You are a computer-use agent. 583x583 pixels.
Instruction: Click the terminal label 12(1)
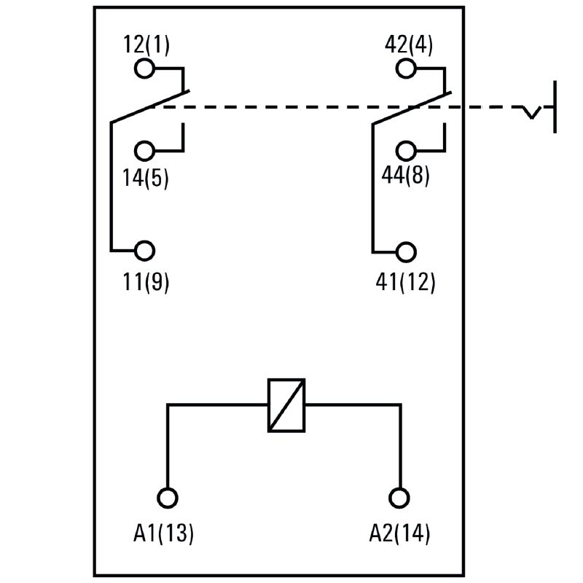pos(146,45)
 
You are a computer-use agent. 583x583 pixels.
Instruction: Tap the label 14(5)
pos(146,178)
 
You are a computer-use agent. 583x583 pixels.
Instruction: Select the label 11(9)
pos(146,281)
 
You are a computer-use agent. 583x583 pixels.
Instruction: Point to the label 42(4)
pos(408,45)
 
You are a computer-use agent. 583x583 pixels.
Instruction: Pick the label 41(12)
pos(406,281)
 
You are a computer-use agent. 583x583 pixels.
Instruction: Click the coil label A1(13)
pos(164,533)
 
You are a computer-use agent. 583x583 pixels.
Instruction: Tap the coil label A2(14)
pos(399,533)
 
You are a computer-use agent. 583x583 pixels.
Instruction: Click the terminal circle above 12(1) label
pos(145,69)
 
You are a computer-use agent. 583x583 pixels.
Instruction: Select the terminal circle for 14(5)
pos(145,152)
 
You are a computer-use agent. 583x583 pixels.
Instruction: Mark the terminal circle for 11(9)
pos(145,251)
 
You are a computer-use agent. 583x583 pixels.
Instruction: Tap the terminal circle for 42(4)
pos(406,69)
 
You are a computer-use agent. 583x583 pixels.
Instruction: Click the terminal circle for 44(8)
pos(406,152)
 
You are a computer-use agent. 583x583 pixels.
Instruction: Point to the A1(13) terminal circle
pos(168,498)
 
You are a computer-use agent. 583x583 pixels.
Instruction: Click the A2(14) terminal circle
pos(399,498)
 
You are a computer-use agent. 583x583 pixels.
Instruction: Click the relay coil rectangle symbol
pos(286,405)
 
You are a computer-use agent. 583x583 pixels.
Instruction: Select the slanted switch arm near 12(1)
pos(149,106)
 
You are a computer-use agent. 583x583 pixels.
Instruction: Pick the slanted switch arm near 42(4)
pos(411,107)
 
